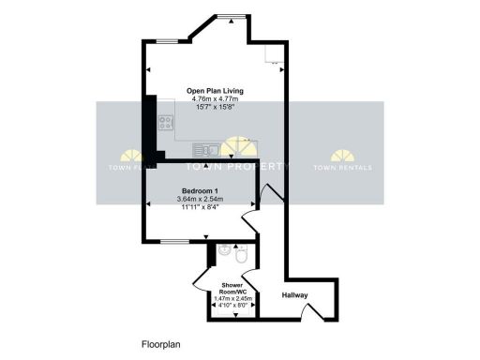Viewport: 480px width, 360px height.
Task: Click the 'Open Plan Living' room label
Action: tap(202, 91)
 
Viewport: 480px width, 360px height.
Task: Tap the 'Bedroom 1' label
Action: tap(201, 190)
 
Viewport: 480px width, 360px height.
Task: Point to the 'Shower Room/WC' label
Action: tap(232, 288)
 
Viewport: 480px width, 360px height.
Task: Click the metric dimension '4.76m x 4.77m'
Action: tap(202, 98)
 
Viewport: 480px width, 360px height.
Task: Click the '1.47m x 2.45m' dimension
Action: tap(232, 297)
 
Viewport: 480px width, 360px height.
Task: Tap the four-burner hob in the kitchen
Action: tap(164, 121)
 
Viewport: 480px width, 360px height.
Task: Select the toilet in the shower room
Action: tap(241, 254)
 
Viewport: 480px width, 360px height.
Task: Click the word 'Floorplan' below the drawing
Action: tap(159, 344)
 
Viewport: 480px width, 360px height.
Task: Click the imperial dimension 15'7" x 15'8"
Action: tap(202, 106)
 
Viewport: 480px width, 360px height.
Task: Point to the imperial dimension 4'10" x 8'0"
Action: tap(232, 304)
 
